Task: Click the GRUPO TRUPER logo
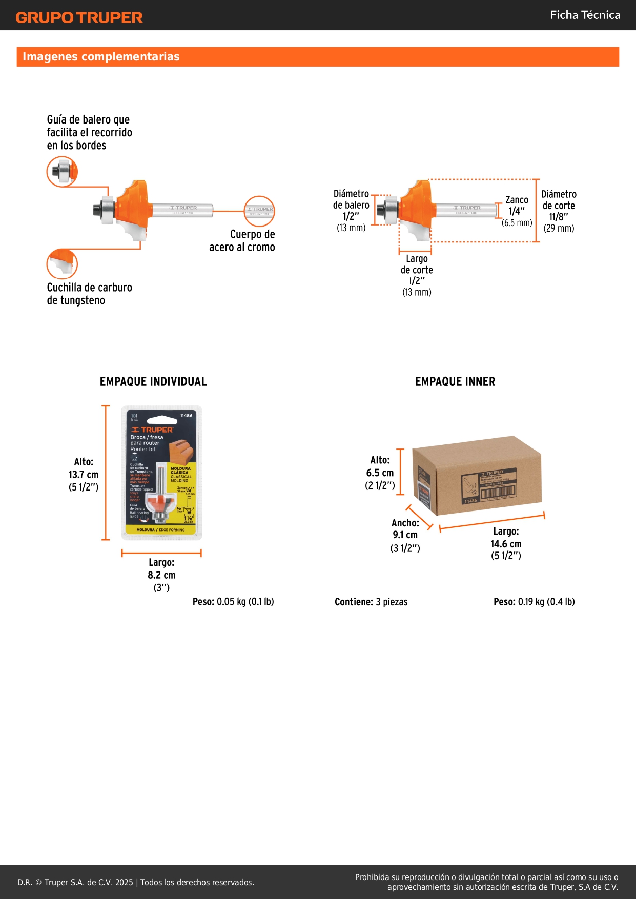click(x=79, y=17)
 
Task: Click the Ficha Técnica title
click(x=585, y=15)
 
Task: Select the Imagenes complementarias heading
click(x=101, y=56)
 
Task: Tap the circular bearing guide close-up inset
click(x=62, y=171)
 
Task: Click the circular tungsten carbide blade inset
click(x=62, y=263)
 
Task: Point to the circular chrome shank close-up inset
click(x=259, y=211)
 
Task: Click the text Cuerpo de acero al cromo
click(x=242, y=240)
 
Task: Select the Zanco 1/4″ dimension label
click(x=517, y=206)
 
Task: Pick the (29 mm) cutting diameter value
click(x=559, y=228)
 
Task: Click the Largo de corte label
click(x=417, y=264)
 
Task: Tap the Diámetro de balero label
click(x=351, y=199)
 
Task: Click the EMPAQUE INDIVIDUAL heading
click(x=153, y=381)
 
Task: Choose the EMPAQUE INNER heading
click(x=455, y=381)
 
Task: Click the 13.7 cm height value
click(x=84, y=475)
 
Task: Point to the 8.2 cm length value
click(x=161, y=575)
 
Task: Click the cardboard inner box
click(x=477, y=476)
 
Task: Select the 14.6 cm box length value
click(x=506, y=544)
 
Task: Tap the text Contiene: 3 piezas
click(x=371, y=602)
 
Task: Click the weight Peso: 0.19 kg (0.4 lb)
click(x=534, y=602)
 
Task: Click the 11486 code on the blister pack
click(x=186, y=415)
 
